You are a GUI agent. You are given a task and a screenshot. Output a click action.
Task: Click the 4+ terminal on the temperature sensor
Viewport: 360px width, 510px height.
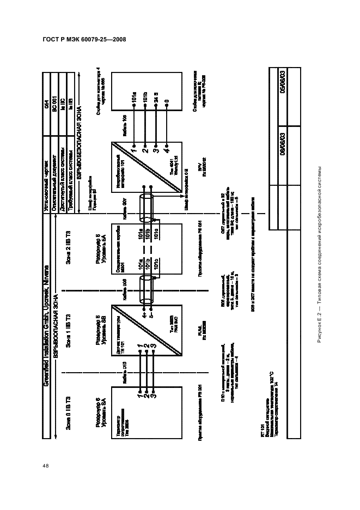tap(144, 313)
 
